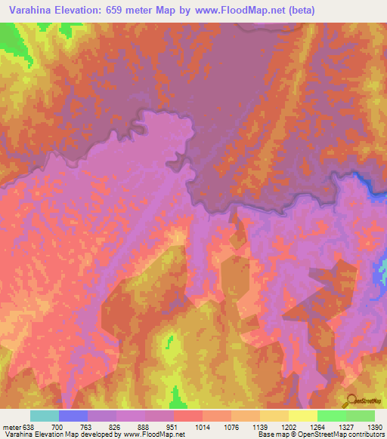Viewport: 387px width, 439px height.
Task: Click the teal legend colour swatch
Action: (45, 415)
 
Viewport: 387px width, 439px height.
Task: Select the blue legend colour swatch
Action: (73, 415)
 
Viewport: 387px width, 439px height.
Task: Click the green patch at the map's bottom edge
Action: (179, 398)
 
